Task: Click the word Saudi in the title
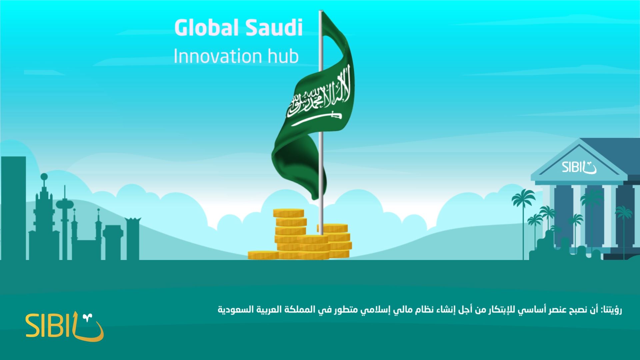point(274,28)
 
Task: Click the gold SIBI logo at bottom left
point(65,326)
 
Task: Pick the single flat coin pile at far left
point(263,255)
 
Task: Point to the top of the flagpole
point(321,11)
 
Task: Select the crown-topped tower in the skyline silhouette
point(133,238)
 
